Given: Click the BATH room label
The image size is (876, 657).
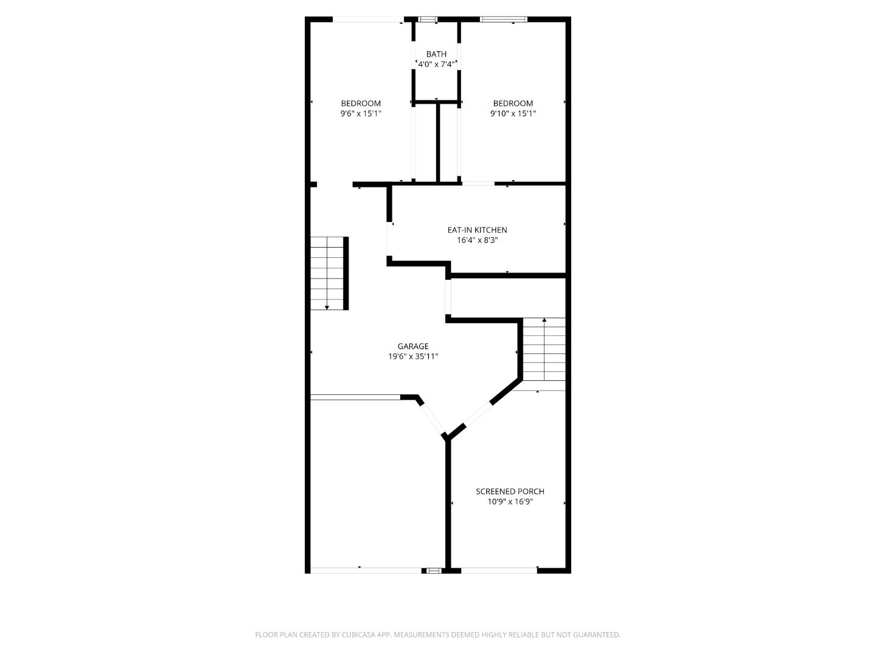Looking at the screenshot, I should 436,54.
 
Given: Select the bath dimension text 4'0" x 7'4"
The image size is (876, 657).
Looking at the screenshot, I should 436,64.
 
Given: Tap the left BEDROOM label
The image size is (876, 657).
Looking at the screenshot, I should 361,103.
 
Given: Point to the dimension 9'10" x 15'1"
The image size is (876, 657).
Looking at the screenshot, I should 513,113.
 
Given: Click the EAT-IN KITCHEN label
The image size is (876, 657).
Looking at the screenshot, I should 477,230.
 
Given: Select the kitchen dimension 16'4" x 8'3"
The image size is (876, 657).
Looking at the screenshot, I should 477,240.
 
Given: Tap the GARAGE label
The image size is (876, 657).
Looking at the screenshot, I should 413,346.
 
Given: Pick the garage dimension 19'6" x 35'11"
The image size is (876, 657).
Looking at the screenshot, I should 413,356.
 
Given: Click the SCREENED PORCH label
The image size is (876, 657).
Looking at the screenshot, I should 510,492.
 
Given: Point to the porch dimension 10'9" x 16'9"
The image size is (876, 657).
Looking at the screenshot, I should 510,502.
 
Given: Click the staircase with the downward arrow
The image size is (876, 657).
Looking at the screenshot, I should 328,273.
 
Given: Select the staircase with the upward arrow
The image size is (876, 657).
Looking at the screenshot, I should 544,353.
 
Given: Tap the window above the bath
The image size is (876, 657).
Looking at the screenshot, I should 428,19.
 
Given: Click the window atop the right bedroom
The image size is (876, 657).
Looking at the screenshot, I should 503,19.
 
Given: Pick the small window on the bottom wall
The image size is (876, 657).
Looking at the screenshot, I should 433,571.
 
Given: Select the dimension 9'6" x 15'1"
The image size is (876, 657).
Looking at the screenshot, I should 361,113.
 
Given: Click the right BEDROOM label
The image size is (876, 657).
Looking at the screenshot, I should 513,103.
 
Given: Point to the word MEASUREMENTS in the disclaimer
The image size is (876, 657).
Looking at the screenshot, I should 422,634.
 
